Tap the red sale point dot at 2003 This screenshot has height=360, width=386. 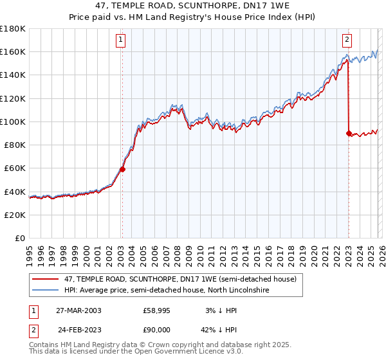122,170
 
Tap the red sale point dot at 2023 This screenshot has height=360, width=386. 349,133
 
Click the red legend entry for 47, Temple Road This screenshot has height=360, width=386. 180,279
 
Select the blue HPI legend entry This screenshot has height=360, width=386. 166,291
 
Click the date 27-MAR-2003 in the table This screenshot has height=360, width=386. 79,310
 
